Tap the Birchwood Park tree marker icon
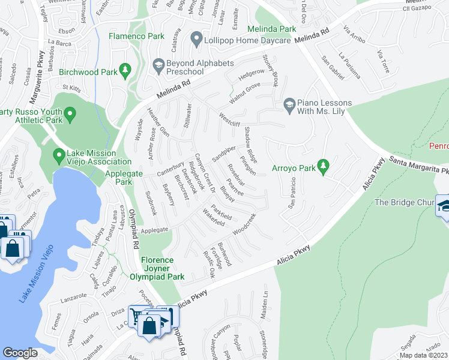point(125,71)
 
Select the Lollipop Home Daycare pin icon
point(196,40)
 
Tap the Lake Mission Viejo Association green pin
point(59,157)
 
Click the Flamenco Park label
point(136,36)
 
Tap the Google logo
point(20,353)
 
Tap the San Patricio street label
point(293,193)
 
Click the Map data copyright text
point(423,355)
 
